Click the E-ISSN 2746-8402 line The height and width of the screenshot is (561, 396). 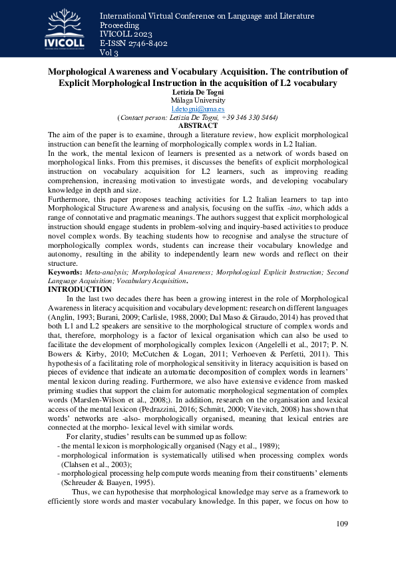(133, 44)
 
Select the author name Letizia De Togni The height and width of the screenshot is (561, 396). (198, 92)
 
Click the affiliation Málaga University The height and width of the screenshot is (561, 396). (198, 100)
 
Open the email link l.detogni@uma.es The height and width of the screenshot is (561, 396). (198, 109)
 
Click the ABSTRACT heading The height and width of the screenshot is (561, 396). (198, 125)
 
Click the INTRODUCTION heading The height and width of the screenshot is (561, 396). (80, 289)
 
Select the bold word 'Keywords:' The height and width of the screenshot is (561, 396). (65, 273)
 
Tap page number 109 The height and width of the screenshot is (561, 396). (343, 523)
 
